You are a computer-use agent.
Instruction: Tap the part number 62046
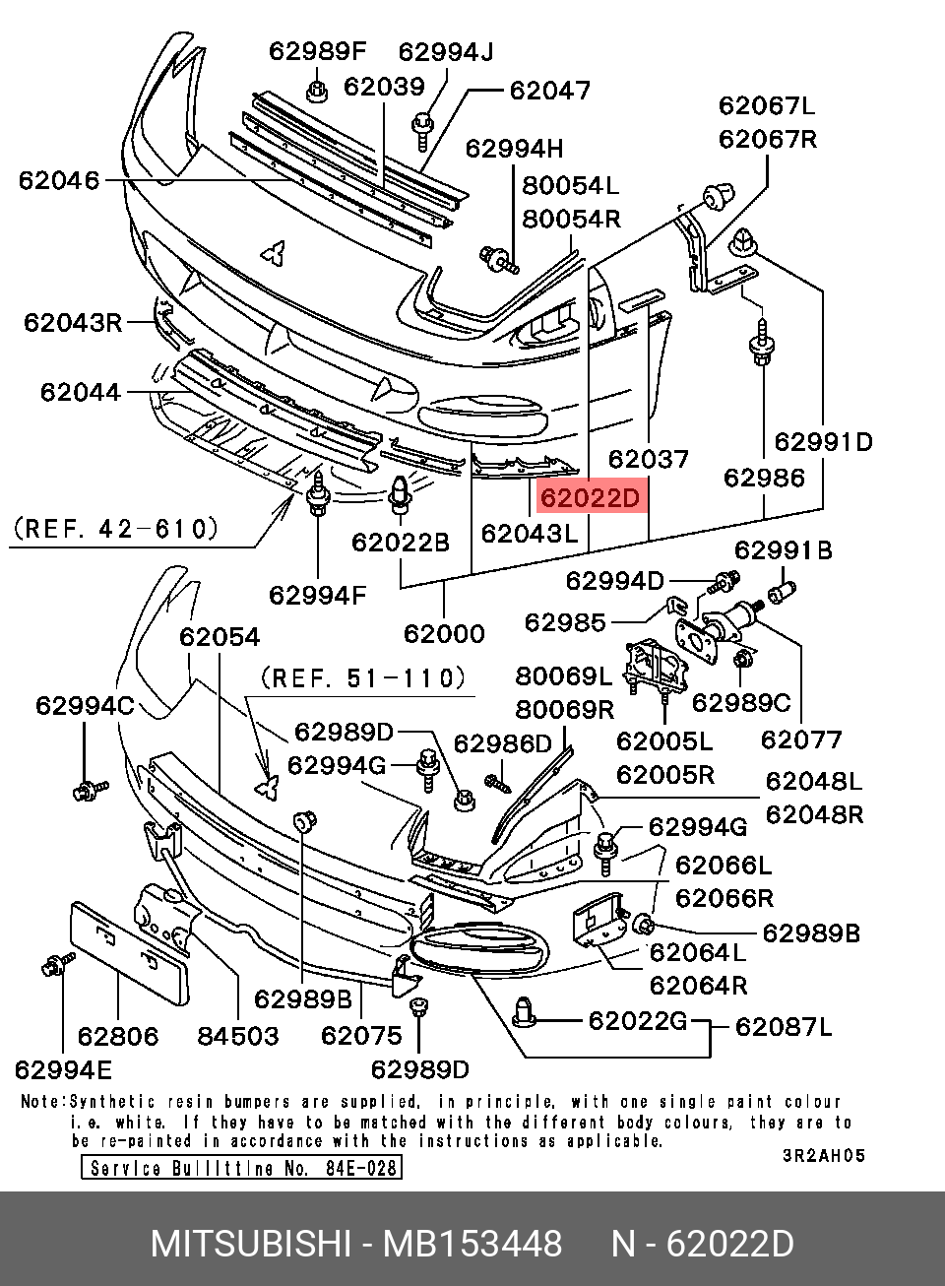tap(59, 180)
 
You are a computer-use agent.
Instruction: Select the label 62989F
tap(317, 51)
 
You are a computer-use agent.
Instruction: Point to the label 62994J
tap(447, 51)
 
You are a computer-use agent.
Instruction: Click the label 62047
tap(550, 91)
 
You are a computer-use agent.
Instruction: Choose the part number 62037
tap(648, 459)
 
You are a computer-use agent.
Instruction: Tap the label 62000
tap(444, 633)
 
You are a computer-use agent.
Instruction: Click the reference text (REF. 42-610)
tap(115, 529)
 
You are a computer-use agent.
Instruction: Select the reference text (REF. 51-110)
tap(362, 677)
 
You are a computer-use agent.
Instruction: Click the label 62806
tap(118, 1035)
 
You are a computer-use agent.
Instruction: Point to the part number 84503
tap(238, 1035)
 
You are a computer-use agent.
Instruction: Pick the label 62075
tap(361, 1035)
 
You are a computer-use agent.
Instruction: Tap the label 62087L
tap(784, 1027)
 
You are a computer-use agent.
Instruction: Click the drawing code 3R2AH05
tap(824, 1156)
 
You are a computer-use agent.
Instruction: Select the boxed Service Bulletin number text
tap(241, 1168)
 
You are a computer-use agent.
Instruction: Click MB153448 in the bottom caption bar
tap(472, 1244)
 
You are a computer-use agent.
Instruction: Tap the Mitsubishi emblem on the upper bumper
tap(274, 253)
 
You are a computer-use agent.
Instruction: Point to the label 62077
tap(801, 739)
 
